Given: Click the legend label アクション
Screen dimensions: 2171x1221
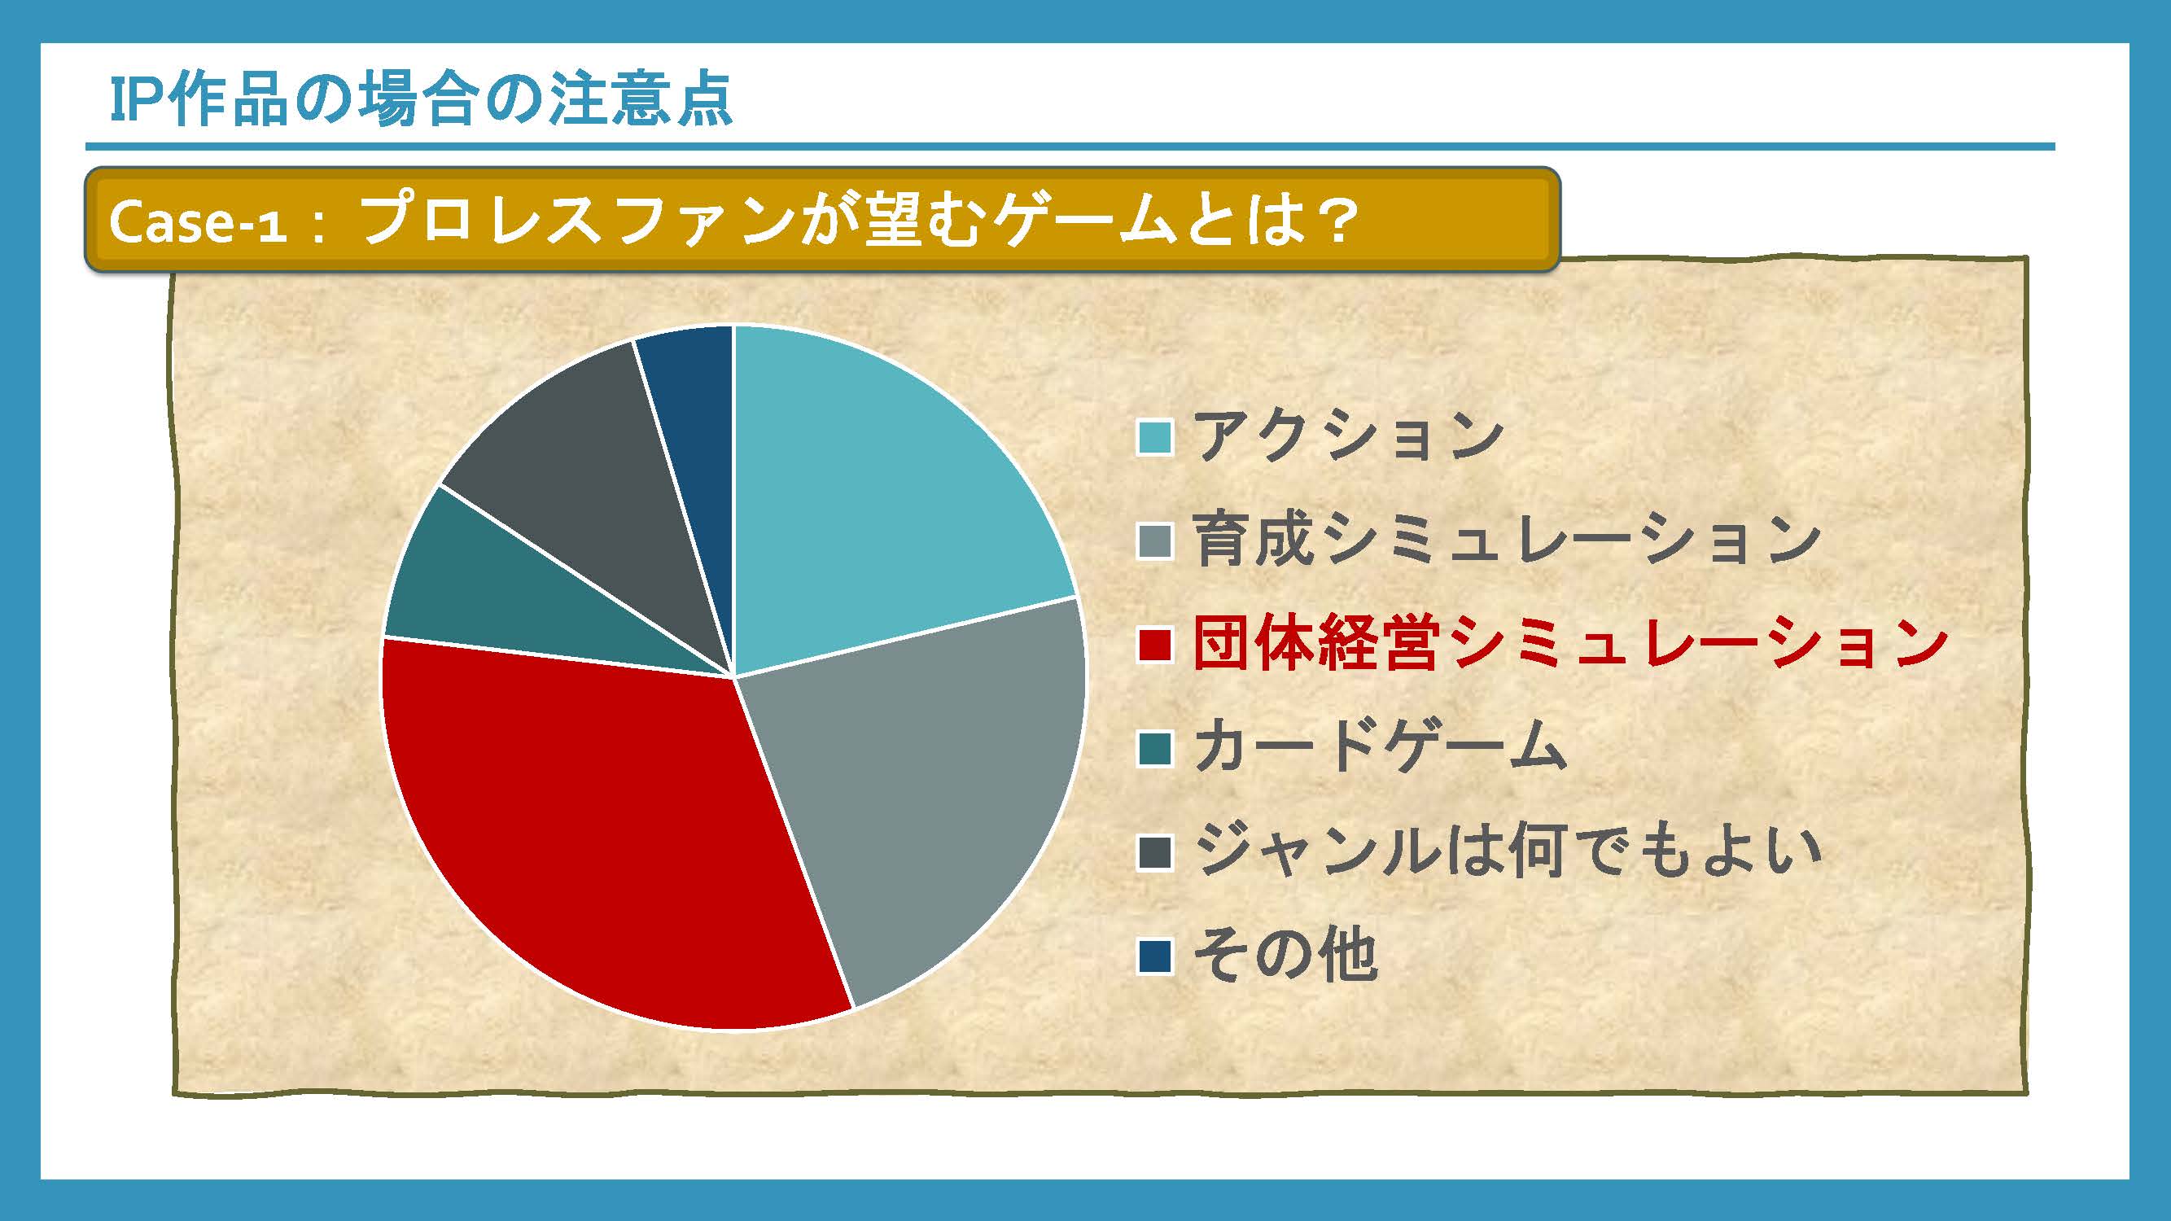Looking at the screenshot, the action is (1349, 435).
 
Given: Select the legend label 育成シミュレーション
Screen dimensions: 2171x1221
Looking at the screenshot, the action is (1507, 540).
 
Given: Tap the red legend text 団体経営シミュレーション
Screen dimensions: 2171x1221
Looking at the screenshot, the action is (1572, 644).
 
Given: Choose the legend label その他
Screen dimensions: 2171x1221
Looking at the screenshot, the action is (1286, 956).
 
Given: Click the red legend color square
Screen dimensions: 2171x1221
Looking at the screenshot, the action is (1154, 645).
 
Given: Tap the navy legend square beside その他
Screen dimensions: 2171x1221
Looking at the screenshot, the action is (1154, 956).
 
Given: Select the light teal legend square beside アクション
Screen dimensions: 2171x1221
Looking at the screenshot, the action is (1154, 436).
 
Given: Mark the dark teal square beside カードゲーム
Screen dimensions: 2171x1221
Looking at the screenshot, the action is (1154, 748).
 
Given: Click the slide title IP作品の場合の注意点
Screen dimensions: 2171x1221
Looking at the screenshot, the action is (421, 99).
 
